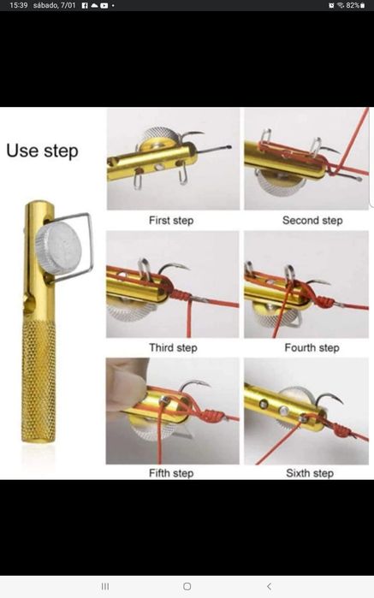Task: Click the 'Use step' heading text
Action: point(42,151)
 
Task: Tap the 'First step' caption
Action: point(171,221)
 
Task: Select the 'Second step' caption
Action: point(312,221)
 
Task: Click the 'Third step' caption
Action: point(173,348)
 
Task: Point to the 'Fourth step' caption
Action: point(312,348)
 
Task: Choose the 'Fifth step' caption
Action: point(171,473)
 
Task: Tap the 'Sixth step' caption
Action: point(310,473)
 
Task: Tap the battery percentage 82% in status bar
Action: point(353,5)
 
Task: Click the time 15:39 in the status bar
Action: point(18,5)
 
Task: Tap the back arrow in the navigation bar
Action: point(269,586)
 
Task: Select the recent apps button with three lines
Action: point(105,586)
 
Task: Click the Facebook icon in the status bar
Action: point(85,6)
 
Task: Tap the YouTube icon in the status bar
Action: point(104,6)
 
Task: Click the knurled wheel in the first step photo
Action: point(159,137)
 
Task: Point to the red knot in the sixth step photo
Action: point(341,430)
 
